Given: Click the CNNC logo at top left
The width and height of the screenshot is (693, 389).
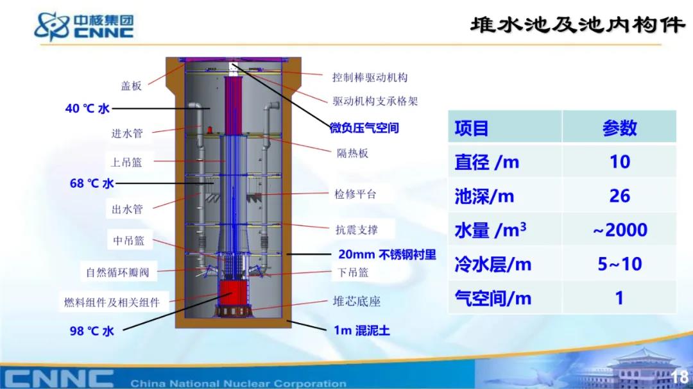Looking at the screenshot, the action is point(84,26).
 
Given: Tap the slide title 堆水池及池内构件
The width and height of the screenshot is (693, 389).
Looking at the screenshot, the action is point(577,25).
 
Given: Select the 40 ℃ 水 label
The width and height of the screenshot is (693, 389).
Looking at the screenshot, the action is point(87,108).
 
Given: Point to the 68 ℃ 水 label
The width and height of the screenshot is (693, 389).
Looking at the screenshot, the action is point(92,183).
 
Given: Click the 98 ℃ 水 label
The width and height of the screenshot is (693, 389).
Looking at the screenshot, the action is point(92,331).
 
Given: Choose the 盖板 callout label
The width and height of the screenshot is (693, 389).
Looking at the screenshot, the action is point(132,86).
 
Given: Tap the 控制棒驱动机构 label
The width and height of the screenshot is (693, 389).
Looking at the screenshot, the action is point(370,78).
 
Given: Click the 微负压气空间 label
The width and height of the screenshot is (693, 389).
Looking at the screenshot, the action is point(364,128).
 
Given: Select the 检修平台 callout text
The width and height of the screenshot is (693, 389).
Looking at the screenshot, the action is point(355,194).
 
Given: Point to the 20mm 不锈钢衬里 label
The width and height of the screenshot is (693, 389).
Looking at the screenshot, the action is point(387,255).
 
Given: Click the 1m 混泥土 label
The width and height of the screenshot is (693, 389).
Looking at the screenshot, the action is point(361,330).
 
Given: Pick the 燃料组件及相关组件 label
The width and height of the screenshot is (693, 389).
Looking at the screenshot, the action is point(112,302).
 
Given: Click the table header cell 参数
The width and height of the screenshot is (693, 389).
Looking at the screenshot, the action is point(620,128).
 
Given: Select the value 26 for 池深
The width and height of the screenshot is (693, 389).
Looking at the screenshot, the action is point(620,195).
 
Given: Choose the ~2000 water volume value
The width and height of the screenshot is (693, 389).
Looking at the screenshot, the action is point(620,229).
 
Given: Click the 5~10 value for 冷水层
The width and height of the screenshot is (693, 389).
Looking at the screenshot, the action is point(620,264).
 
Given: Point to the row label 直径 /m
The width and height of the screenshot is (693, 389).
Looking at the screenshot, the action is point(486,162).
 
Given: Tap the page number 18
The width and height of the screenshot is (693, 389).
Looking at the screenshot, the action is point(680,377).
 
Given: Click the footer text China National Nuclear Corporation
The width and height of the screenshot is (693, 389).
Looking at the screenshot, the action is point(238,383).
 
